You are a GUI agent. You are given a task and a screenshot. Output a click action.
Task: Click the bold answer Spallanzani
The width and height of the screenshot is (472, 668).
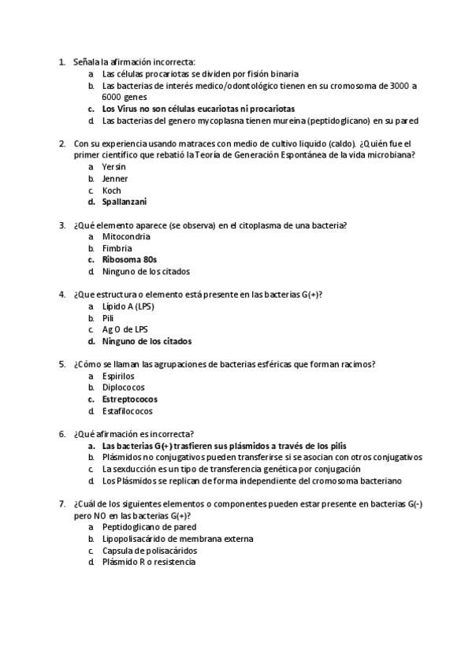point(125,202)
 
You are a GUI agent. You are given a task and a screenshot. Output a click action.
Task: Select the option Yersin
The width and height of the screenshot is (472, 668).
point(114,167)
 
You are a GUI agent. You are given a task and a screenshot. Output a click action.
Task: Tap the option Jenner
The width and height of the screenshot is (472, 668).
point(115,179)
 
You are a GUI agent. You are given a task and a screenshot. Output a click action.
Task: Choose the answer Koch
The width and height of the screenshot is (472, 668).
point(112,190)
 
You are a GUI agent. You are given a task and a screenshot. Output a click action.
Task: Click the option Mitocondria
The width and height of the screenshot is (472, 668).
point(126,236)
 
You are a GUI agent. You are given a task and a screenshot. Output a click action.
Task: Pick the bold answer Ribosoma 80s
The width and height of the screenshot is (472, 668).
point(130,259)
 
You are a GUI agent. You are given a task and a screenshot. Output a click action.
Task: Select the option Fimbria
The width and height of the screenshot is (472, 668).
point(117,248)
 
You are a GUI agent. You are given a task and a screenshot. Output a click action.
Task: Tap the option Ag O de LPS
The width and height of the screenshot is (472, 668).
point(125,329)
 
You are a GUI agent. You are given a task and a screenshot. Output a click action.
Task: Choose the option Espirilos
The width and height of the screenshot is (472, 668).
point(119,376)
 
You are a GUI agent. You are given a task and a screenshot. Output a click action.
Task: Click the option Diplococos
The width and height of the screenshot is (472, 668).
point(124,388)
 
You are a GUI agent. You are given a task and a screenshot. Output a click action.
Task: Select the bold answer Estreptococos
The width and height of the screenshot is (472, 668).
point(130,399)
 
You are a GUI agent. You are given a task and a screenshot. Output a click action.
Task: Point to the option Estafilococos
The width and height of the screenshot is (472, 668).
point(128,410)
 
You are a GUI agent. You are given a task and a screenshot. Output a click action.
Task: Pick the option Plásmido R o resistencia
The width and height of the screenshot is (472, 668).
point(149,562)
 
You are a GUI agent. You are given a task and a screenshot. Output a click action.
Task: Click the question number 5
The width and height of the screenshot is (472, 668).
point(62,364)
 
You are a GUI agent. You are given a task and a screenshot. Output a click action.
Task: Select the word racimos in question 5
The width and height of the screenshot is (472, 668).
point(355,364)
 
